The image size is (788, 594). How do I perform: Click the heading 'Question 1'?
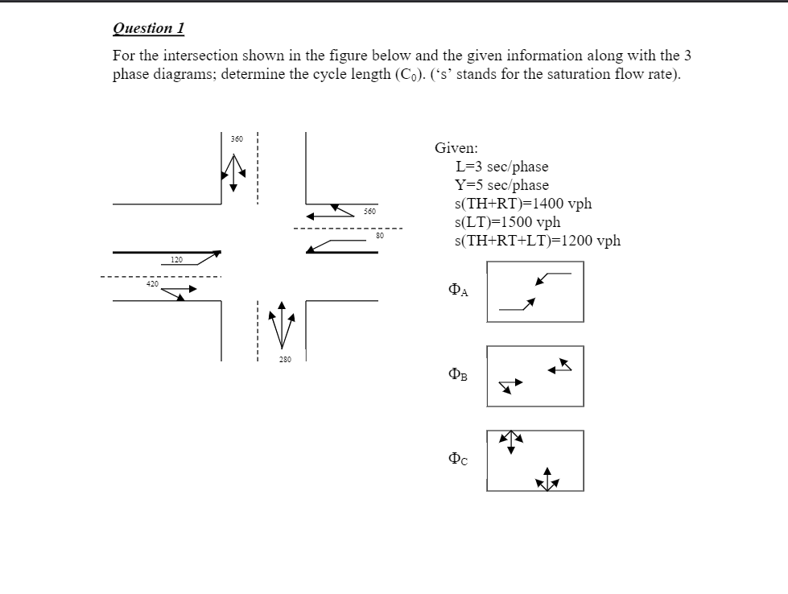pyautogui.click(x=149, y=28)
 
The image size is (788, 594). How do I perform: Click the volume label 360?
pyautogui.click(x=237, y=139)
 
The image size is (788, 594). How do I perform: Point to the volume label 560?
pyautogui.click(x=369, y=212)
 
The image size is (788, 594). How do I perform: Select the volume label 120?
pyautogui.click(x=176, y=260)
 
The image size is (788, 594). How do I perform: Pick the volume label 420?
pyautogui.click(x=153, y=283)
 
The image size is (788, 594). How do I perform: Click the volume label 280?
pyautogui.click(x=286, y=359)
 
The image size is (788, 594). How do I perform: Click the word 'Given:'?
pyautogui.click(x=456, y=148)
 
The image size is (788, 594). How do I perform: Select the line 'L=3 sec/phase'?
pyautogui.click(x=501, y=167)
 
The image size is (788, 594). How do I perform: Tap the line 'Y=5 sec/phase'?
pyautogui.click(x=501, y=185)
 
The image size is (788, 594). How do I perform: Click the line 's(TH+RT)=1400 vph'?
pyautogui.click(x=523, y=204)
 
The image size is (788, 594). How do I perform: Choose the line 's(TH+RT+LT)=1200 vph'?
pyautogui.click(x=538, y=241)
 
